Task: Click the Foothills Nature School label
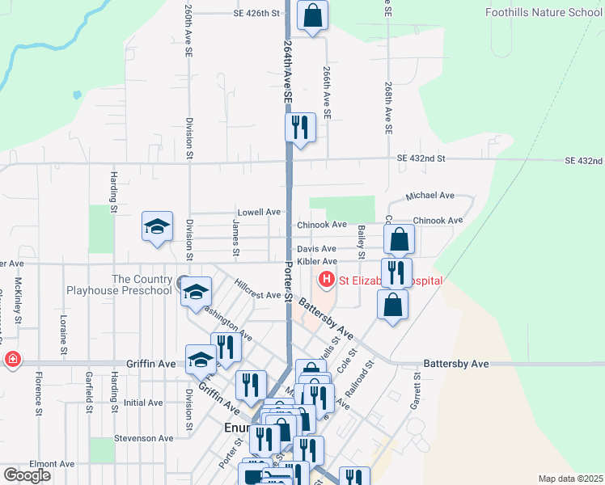click(x=544, y=12)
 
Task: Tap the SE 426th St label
click(x=256, y=14)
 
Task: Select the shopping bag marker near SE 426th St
click(x=312, y=15)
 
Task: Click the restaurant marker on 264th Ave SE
click(x=299, y=127)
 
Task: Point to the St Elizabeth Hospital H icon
click(x=327, y=280)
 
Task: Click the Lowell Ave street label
click(x=260, y=212)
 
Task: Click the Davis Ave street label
click(x=315, y=250)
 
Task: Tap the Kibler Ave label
click(x=316, y=262)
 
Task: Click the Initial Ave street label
click(x=143, y=403)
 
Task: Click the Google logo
click(x=27, y=475)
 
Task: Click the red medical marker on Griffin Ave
click(x=12, y=360)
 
